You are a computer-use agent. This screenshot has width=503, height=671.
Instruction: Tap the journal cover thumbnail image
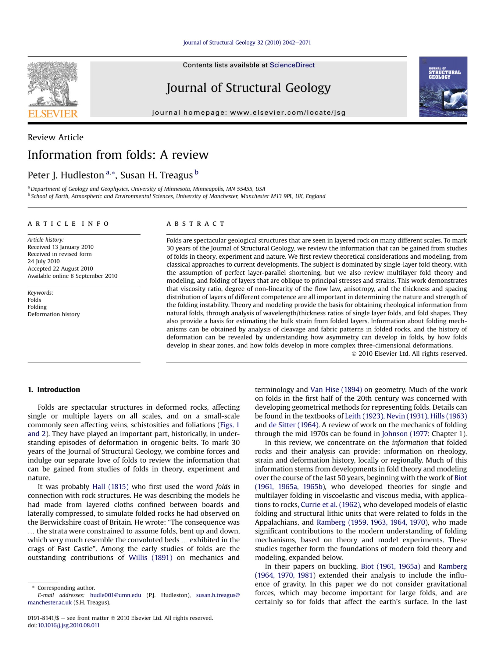click(x=443, y=87)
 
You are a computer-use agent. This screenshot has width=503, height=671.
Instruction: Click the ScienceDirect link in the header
click(x=292, y=65)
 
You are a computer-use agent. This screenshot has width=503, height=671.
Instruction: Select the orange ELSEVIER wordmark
click(x=53, y=114)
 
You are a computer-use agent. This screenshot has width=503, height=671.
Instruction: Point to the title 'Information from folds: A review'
click(x=118, y=155)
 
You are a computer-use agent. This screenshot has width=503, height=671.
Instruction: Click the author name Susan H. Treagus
click(x=156, y=175)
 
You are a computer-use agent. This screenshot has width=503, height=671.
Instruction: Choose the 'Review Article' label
click(x=55, y=137)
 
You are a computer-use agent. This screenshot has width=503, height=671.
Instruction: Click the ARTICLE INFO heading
click(x=68, y=224)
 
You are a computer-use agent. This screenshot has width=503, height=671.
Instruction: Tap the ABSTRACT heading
click(x=195, y=224)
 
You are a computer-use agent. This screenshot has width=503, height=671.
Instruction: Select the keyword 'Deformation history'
click(x=54, y=314)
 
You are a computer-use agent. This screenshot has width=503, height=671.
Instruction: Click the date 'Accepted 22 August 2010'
click(x=60, y=268)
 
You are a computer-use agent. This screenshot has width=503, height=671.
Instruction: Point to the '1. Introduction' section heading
click(x=54, y=389)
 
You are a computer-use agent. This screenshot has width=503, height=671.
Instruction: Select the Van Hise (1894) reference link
click(x=336, y=389)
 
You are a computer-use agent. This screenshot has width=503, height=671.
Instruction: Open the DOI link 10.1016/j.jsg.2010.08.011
click(x=69, y=625)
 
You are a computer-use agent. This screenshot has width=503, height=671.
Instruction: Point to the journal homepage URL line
click(x=249, y=113)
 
